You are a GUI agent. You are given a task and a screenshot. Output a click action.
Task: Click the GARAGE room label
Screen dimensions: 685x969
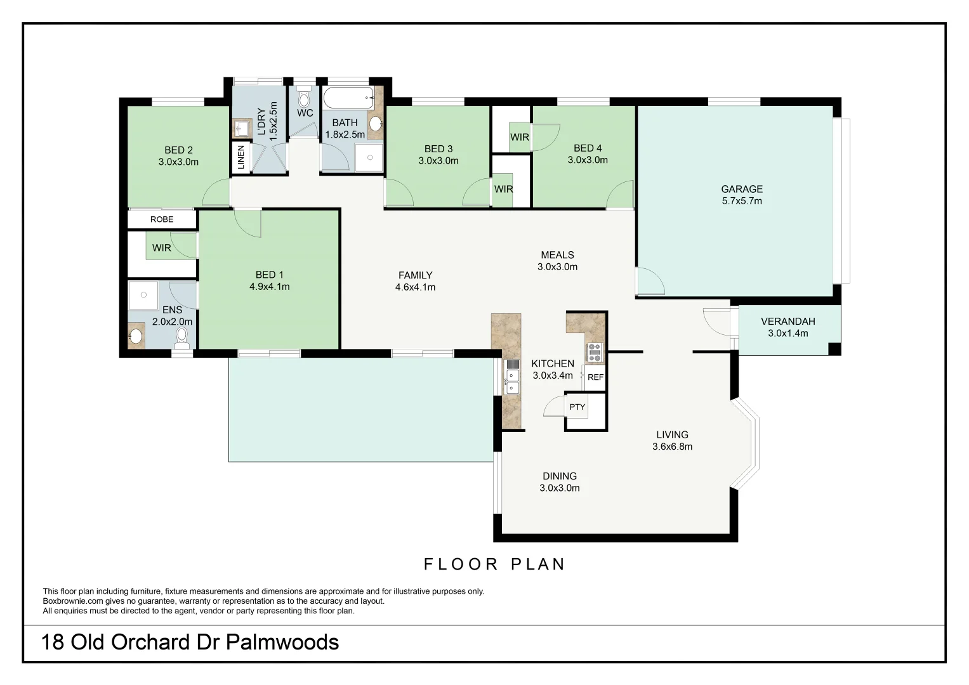pyautogui.click(x=741, y=189)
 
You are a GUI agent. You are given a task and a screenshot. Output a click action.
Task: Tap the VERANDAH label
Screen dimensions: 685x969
pyautogui.click(x=788, y=322)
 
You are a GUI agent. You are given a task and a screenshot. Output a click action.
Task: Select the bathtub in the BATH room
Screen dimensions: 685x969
pyautogui.click(x=348, y=98)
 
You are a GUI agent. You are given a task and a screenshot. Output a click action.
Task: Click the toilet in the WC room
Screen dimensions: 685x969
pyautogui.click(x=304, y=98)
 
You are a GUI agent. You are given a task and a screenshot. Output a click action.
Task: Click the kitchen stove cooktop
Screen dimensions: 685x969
pyautogui.click(x=595, y=353)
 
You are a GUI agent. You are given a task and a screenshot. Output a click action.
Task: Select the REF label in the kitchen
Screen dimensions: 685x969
pyautogui.click(x=595, y=377)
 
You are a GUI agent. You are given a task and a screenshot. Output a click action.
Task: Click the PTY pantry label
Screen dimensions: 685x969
pyautogui.click(x=577, y=407)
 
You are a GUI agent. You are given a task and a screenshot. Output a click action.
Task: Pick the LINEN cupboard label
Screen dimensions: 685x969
pyautogui.click(x=241, y=158)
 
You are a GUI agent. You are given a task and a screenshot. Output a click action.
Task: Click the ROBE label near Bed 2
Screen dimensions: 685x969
pyautogui.click(x=162, y=219)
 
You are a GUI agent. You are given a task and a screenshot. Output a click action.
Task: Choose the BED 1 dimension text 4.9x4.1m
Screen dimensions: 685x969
pyautogui.click(x=269, y=287)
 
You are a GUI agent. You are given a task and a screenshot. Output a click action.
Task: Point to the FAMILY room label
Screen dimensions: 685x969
pyautogui.click(x=415, y=275)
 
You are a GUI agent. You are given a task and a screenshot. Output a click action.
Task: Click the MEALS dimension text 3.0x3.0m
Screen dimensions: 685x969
pyautogui.click(x=557, y=267)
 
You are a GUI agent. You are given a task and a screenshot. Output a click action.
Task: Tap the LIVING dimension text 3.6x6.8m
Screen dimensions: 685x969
pyautogui.click(x=672, y=447)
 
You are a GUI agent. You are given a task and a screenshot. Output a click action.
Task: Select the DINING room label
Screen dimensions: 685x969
pyautogui.click(x=559, y=476)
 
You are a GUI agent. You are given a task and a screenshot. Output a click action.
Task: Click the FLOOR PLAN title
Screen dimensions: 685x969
pyautogui.click(x=494, y=564)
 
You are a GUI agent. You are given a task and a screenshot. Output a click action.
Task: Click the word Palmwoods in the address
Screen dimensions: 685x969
pyautogui.click(x=282, y=643)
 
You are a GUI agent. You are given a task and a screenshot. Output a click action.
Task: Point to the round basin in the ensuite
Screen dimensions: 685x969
pyautogui.click(x=136, y=336)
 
